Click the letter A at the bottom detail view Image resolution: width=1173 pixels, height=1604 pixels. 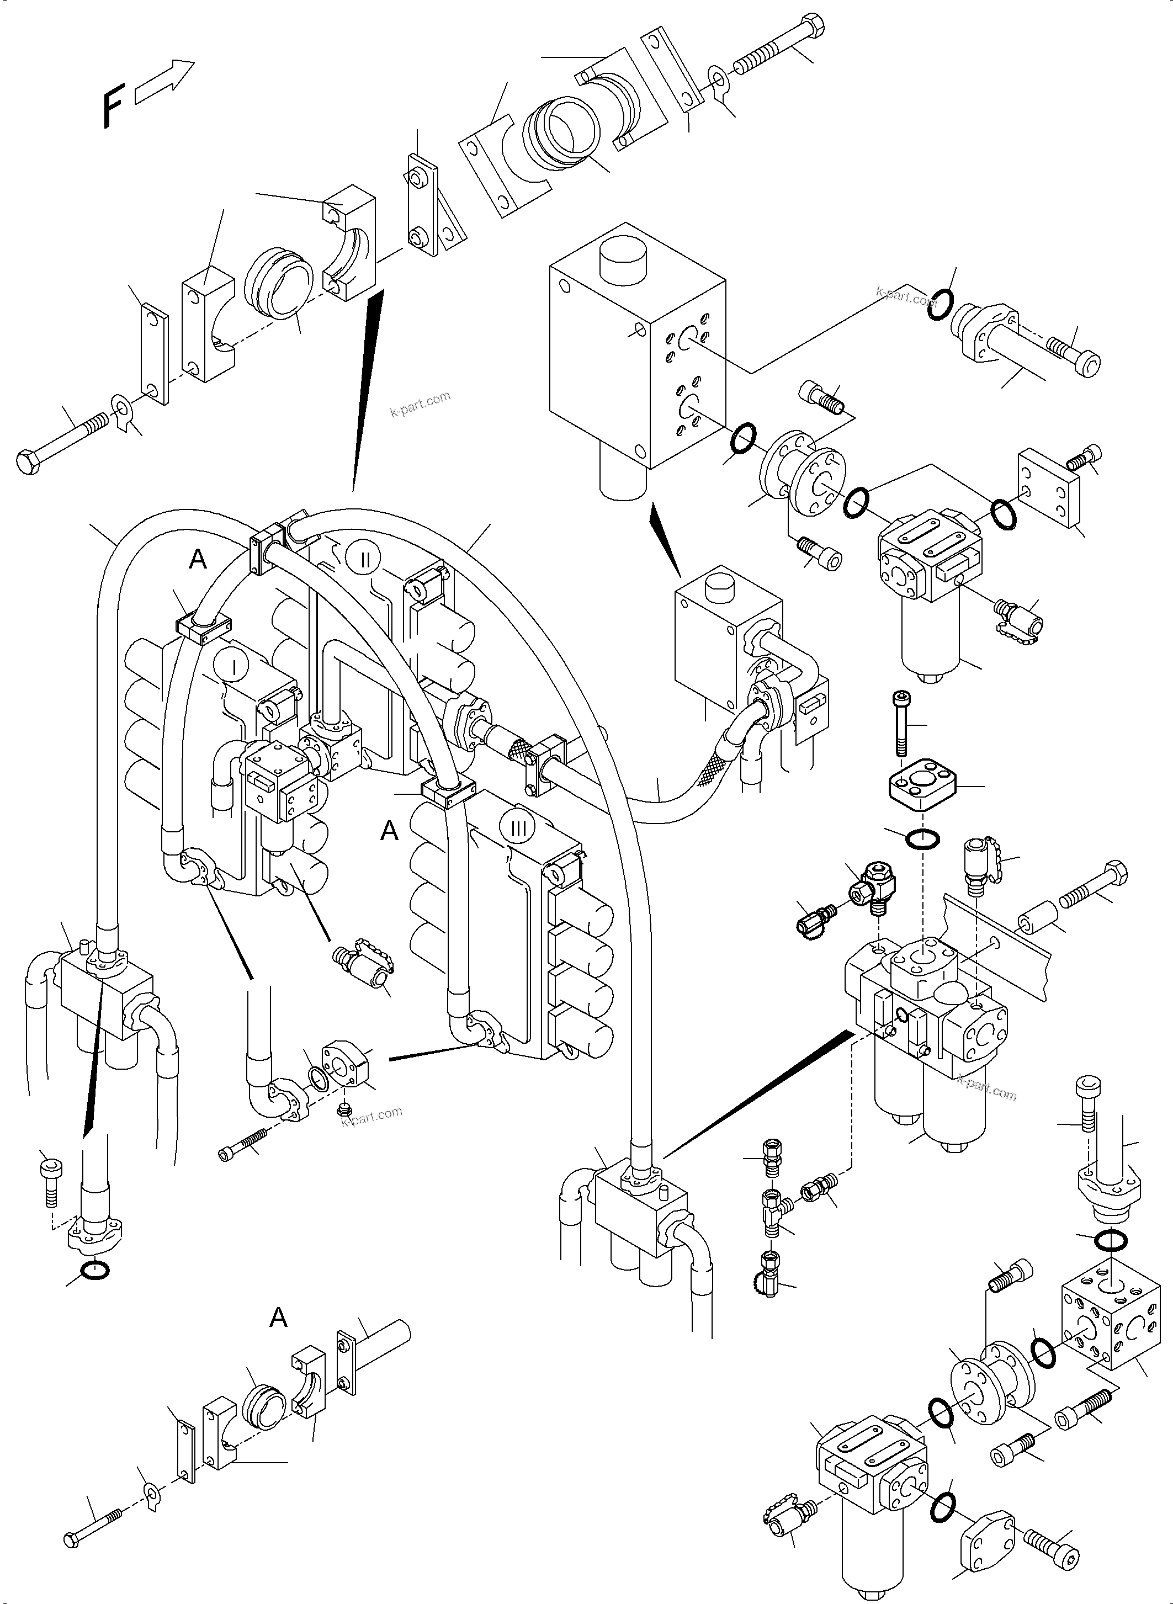[278, 1318]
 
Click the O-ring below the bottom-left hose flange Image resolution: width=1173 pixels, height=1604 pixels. [95, 1270]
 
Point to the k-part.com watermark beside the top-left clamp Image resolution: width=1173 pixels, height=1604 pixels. [421, 404]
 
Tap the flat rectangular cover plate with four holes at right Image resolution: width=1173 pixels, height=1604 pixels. [1049, 489]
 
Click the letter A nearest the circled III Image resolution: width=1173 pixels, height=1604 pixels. [389, 830]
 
